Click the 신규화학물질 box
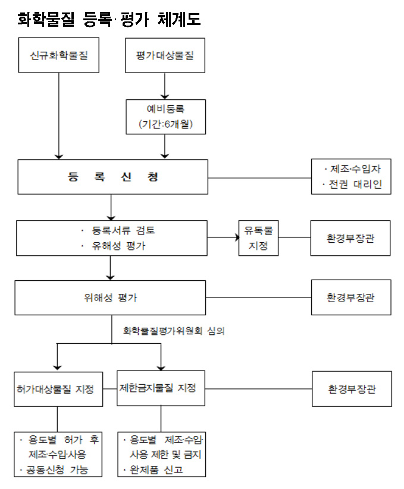click(x=59, y=55)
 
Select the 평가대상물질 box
click(x=165, y=55)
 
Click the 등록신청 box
click(x=112, y=177)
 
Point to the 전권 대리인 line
click(x=352, y=184)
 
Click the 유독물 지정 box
click(x=259, y=238)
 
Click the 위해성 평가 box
click(x=112, y=297)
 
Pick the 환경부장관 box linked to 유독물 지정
click(x=351, y=238)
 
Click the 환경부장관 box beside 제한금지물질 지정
click(x=352, y=389)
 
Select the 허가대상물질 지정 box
click(x=57, y=389)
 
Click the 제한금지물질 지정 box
click(x=161, y=388)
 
